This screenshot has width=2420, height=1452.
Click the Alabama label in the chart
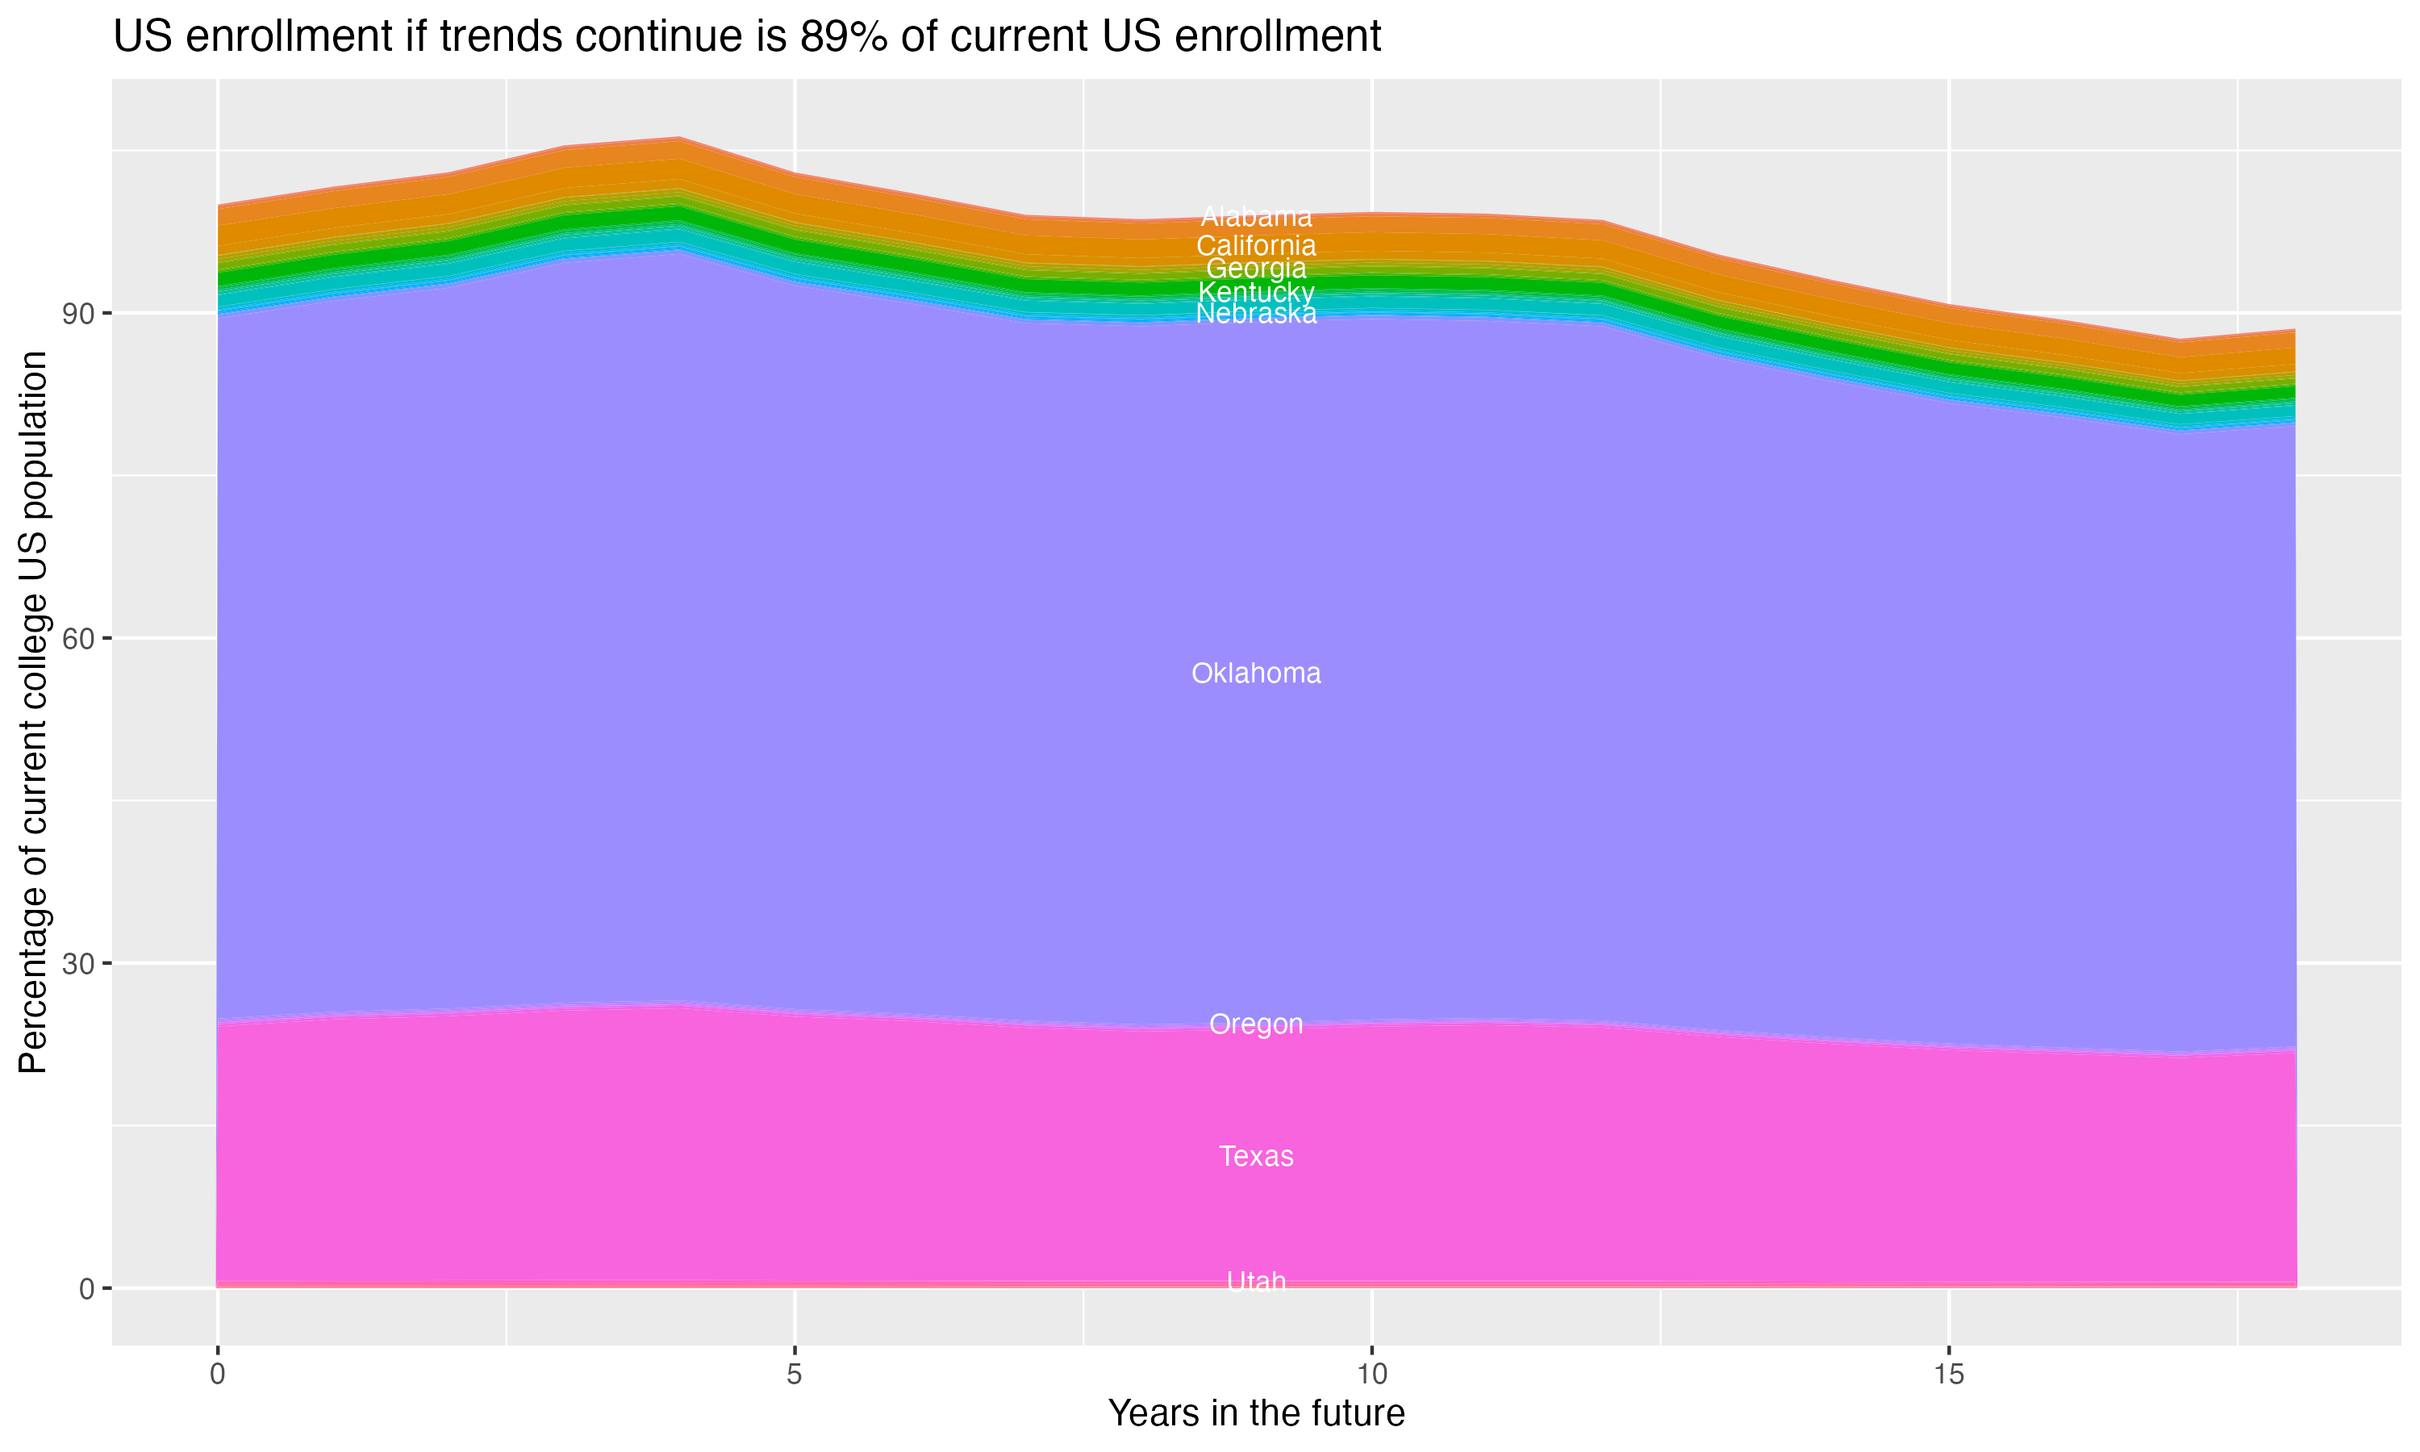(1256, 217)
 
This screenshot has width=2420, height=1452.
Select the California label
(1256, 245)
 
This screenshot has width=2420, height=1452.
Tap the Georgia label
(1256, 268)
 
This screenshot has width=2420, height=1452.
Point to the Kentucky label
(1256, 291)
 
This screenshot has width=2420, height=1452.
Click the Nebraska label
(1256, 314)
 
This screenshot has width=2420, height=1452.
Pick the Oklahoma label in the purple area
(1256, 674)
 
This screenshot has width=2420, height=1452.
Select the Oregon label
(1256, 1024)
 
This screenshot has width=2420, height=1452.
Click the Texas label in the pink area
(1256, 1157)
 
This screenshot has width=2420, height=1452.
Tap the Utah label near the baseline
(1256, 1281)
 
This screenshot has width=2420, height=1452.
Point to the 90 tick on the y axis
(79, 314)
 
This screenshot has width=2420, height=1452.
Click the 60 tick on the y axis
(79, 639)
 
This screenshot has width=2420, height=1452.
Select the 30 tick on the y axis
(79, 964)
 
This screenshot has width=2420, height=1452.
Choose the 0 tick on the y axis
(87, 1288)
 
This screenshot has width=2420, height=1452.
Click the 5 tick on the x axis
(795, 1375)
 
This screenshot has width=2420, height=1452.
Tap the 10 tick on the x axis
(1372, 1375)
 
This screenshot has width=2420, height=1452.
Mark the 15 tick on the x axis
(1949, 1375)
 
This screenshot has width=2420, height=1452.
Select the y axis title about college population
(33, 712)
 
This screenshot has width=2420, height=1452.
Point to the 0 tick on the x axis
(217, 1375)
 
